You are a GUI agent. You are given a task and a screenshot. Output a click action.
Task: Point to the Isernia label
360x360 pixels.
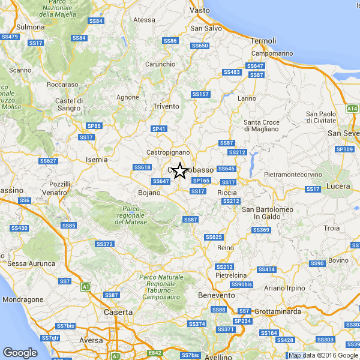pos(97,160)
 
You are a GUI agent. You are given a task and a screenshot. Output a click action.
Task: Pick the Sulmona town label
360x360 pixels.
pos(30,28)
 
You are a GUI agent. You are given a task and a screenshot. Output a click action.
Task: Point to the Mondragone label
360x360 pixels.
pos(23,299)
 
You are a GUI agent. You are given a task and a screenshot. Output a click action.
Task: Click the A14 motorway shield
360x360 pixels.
pos(352,109)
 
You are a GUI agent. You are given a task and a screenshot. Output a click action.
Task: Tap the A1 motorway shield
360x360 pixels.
pos(86,287)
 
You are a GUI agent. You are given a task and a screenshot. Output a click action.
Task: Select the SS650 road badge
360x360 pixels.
pos(199,46)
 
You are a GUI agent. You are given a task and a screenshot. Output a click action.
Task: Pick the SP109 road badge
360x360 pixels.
pos(345,149)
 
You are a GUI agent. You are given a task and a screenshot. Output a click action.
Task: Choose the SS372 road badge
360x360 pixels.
pos(104,244)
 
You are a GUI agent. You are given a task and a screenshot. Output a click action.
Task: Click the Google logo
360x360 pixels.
pos(20,353)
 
